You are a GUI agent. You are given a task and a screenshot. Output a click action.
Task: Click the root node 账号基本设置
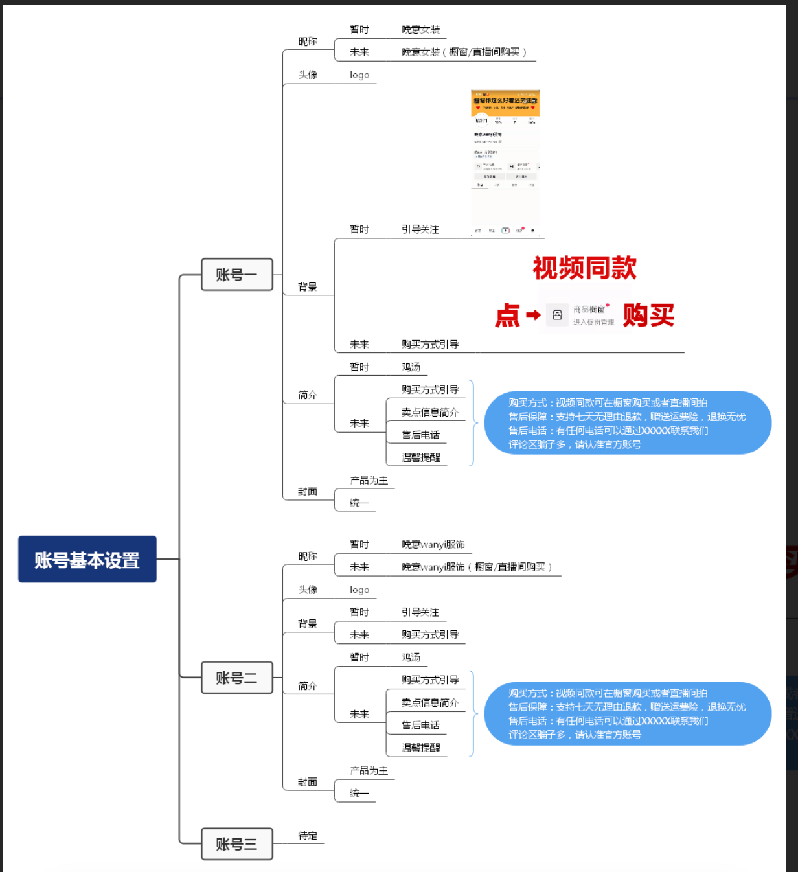[87, 559]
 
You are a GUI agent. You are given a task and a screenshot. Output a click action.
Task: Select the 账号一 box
[236, 274]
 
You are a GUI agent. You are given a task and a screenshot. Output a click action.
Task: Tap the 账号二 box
[236, 678]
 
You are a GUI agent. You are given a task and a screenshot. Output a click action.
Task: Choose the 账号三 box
[236, 843]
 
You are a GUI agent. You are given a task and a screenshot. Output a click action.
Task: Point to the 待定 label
[308, 836]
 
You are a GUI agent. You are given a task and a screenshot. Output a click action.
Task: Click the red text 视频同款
[584, 268]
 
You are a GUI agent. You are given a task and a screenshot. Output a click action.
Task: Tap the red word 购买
[648, 316]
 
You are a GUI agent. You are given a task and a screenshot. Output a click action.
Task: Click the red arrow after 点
[533, 316]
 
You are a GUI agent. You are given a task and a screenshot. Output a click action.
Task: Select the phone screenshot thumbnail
[505, 162]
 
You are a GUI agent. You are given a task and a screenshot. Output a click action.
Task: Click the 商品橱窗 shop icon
[557, 316]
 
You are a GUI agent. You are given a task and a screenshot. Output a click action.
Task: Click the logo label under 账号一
[359, 75]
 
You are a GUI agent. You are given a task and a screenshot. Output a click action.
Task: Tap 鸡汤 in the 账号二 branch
[411, 657]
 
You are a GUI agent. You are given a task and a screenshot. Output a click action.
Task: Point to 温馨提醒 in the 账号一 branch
[421, 457]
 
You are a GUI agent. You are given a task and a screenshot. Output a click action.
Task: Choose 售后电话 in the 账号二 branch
[420, 725]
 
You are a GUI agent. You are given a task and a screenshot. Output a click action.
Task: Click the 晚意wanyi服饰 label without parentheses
[433, 544]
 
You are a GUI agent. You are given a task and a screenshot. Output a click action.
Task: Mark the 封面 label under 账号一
[308, 491]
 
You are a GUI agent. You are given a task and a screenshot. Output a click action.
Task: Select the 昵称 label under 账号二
[308, 556]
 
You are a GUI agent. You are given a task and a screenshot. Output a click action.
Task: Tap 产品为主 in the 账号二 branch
[369, 770]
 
